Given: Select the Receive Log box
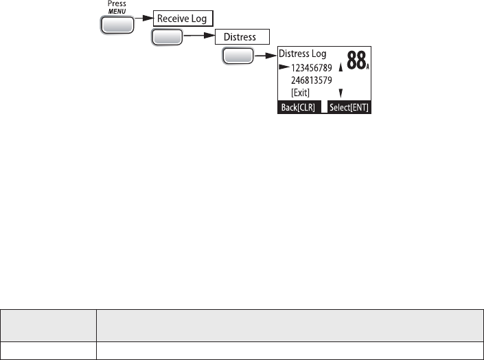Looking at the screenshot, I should pyautogui.click(x=183, y=19).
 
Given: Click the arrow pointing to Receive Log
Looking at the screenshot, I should pyautogui.click(x=143, y=19).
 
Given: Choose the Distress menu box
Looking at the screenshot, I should pyautogui.click(x=242, y=36).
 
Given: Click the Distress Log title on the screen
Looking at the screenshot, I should pyautogui.click(x=303, y=54).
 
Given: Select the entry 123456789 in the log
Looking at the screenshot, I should pyautogui.click(x=312, y=67).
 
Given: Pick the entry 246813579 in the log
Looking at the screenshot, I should pyautogui.click(x=312, y=80).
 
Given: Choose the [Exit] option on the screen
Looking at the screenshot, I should pyautogui.click(x=301, y=93).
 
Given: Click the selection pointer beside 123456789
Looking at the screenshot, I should pyautogui.click(x=284, y=67).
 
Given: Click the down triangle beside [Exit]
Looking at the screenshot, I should pyautogui.click(x=340, y=92).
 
